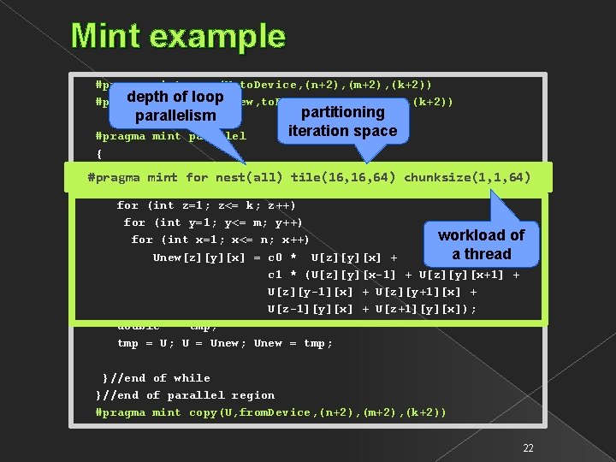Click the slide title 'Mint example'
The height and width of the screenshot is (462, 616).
pyautogui.click(x=178, y=36)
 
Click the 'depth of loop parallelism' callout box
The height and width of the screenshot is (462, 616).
pyautogui.click(x=175, y=106)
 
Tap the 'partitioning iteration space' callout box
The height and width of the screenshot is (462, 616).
pyautogui.click(x=342, y=121)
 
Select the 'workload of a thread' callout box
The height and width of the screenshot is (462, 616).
pyautogui.click(x=482, y=244)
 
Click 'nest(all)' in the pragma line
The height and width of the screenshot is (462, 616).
pyautogui.click(x=247, y=178)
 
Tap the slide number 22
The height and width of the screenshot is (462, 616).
pyautogui.click(x=528, y=448)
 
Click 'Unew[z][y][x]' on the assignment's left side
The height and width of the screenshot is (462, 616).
pyautogui.click(x=197, y=258)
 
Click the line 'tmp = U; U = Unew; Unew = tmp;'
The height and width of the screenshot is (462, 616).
pyautogui.click(x=225, y=343)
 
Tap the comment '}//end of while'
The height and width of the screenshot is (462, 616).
pyautogui.click(x=156, y=378)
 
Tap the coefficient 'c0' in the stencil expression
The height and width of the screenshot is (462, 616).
pyautogui.click(x=275, y=258)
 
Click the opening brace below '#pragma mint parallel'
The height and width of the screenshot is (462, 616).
pyautogui.click(x=100, y=154)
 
